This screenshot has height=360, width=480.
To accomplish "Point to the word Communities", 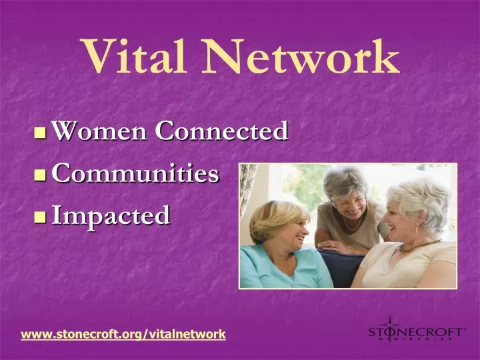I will click(135, 173).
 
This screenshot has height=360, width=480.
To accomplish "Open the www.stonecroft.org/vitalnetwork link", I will click(123, 333).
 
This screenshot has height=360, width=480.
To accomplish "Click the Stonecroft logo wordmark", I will click(417, 331).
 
